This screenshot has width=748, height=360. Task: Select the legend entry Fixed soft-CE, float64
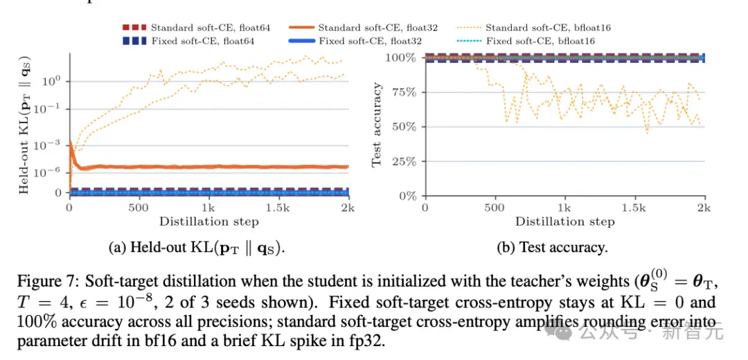point(188,41)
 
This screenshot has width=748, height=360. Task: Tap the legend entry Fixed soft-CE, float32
point(355,41)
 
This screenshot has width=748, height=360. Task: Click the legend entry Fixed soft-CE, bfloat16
point(526,41)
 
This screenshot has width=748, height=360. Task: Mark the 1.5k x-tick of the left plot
point(278,208)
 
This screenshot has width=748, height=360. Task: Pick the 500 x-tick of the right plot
point(495,208)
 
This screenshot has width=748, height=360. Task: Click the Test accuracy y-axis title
point(377,125)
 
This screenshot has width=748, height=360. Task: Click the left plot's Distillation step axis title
point(209,222)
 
